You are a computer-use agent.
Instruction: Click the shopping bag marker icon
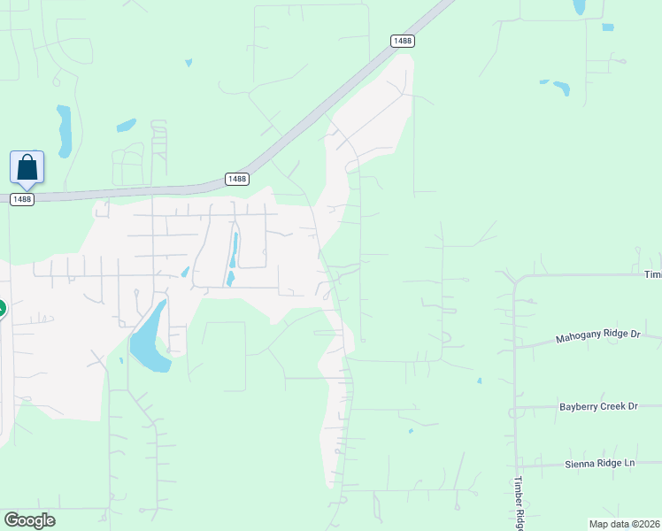(27, 167)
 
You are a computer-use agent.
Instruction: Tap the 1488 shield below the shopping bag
(22, 200)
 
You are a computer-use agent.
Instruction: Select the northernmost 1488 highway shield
(403, 41)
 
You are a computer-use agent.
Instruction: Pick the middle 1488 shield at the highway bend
(236, 179)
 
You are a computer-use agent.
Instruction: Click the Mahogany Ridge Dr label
(597, 337)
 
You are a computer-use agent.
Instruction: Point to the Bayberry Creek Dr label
(598, 406)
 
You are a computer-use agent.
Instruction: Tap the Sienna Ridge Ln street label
(600, 463)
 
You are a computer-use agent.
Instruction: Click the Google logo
(29, 519)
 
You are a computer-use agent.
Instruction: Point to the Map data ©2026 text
(625, 524)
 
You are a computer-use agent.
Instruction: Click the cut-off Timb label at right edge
(652, 274)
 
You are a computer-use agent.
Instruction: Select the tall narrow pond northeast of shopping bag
(64, 129)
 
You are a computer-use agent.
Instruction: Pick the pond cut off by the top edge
(579, 7)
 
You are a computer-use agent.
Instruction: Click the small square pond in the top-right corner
(608, 27)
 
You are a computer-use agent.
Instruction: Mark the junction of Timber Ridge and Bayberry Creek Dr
(513, 407)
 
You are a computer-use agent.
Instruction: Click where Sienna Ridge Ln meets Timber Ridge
(516, 464)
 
